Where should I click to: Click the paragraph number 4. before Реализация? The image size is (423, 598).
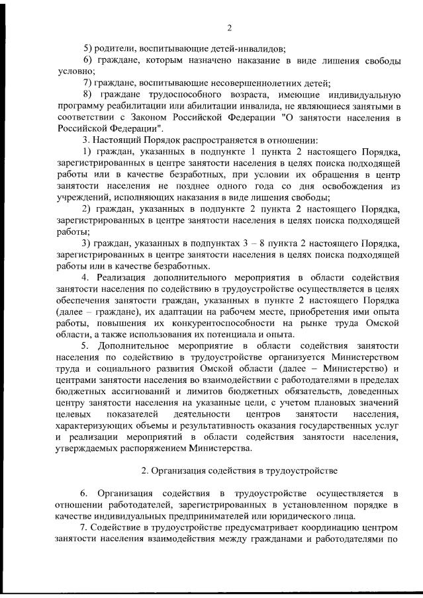85,276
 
